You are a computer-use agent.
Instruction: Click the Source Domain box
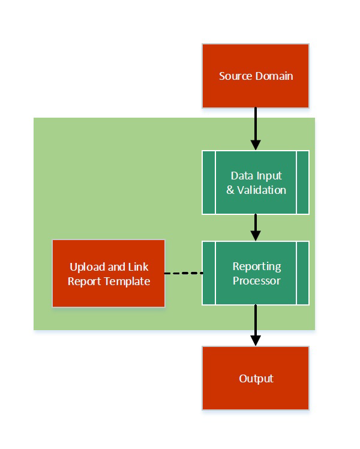(256, 76)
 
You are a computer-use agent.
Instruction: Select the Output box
(256, 378)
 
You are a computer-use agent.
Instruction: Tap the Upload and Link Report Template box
(109, 274)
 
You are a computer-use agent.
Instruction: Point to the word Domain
(272, 76)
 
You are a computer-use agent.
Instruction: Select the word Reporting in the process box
(256, 267)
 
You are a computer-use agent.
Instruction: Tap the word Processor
(256, 280)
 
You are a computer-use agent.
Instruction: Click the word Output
(256, 379)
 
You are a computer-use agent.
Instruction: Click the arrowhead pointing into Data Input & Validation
(256, 145)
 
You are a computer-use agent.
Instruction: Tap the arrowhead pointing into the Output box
(256, 340)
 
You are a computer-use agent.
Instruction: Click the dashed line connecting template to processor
(184, 273)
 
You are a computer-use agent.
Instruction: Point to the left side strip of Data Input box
(209, 182)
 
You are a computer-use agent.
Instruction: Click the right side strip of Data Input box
(302, 182)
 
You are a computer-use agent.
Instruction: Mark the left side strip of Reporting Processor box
(209, 273)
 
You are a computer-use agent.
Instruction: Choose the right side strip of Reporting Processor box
(302, 273)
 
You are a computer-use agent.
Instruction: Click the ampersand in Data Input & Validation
(230, 190)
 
